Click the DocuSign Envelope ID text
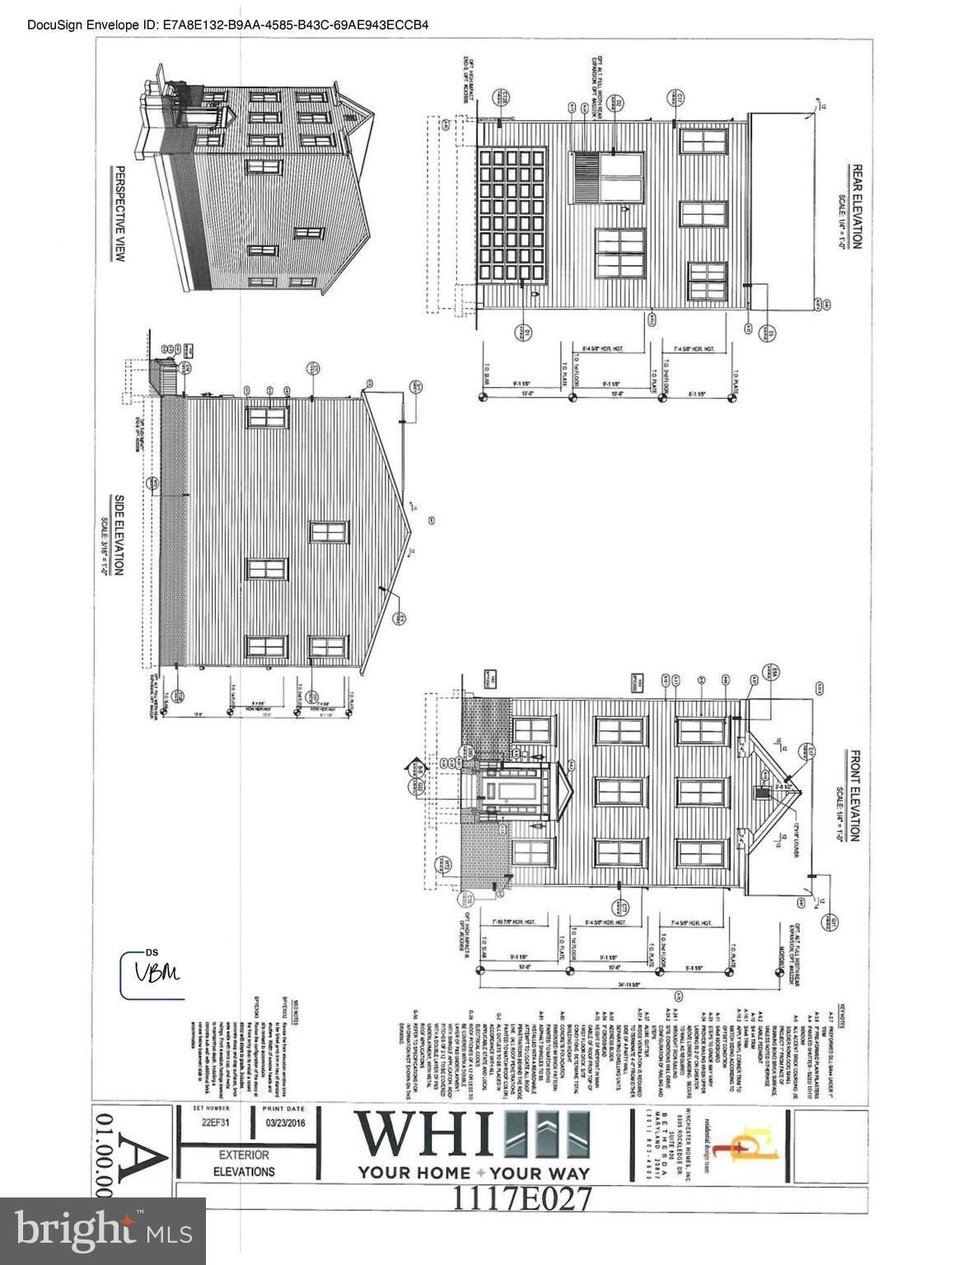227,25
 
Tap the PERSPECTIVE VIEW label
119,214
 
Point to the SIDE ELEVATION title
119,535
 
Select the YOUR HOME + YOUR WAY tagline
473,1173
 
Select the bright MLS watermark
103,1230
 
